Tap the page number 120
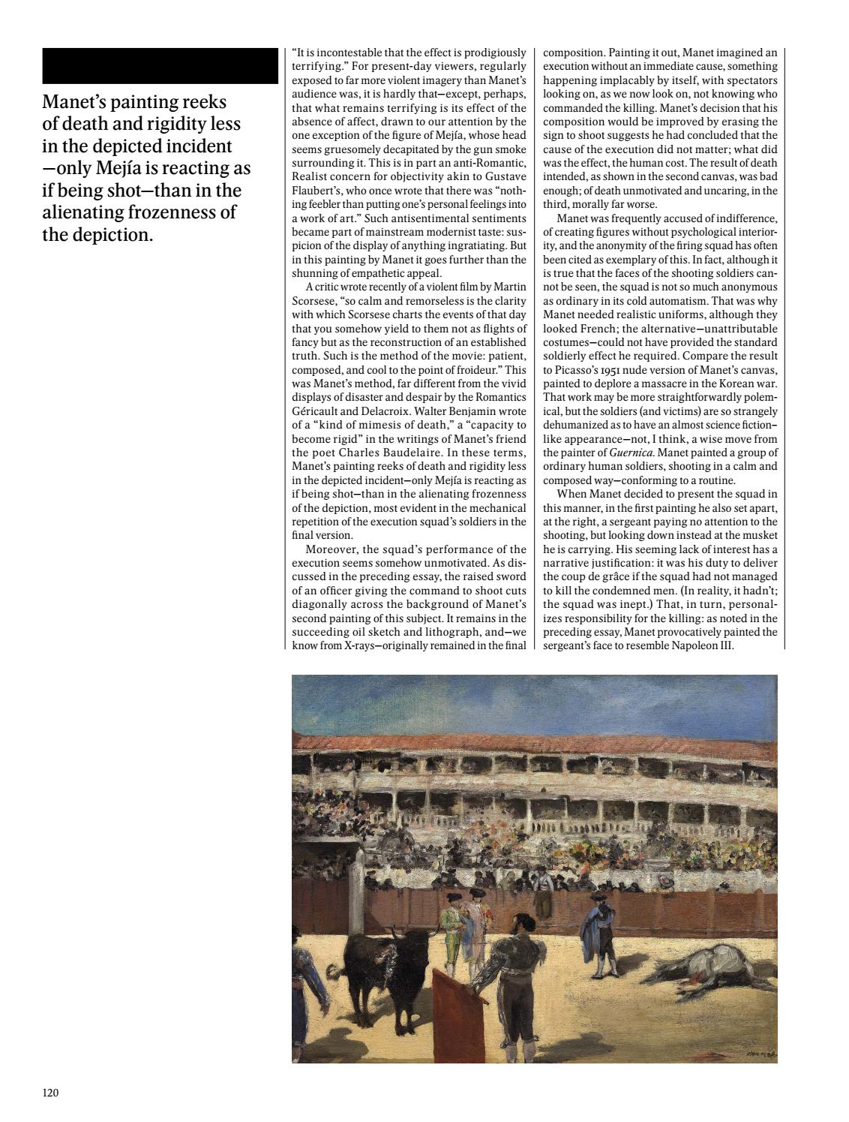click(50, 1092)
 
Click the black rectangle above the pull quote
click(160, 65)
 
